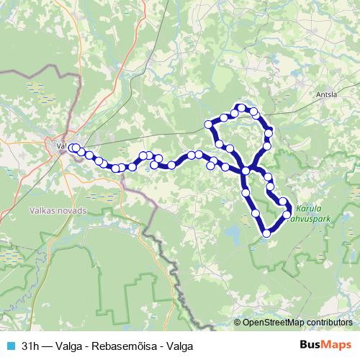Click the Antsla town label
[x=328, y=93]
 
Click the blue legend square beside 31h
[x=9, y=346]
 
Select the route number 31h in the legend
[x=30, y=346]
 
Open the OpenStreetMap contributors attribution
[x=297, y=322]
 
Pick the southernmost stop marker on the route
[x=267, y=233]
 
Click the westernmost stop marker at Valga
[x=71, y=148]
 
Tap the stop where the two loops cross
[x=246, y=171]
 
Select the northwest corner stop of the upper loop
[x=210, y=124]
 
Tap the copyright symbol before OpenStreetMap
[x=237, y=322]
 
